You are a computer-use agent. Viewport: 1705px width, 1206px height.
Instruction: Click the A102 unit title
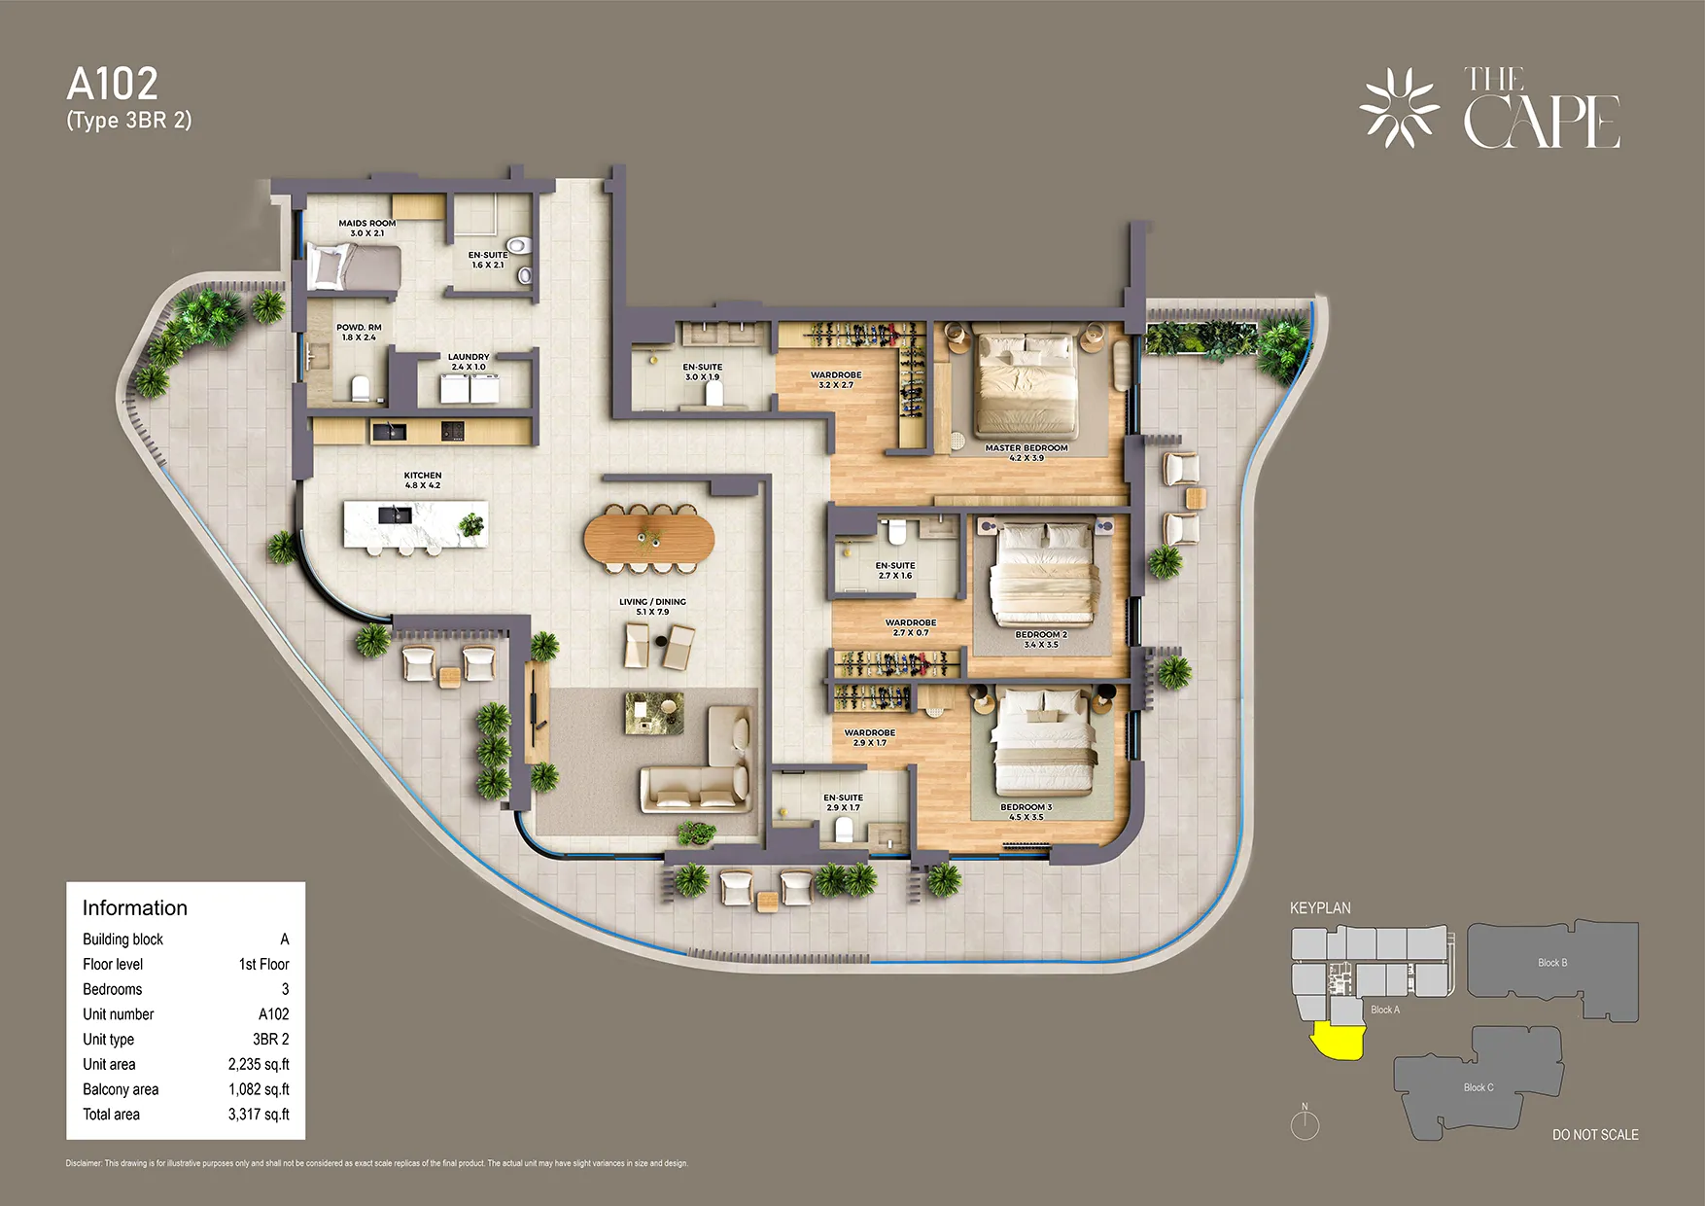tap(112, 85)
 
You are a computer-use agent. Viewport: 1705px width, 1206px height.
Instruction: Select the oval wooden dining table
tap(648, 538)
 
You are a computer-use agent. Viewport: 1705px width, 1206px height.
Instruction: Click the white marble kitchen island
tap(415, 524)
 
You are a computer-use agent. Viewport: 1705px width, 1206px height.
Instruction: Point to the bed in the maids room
tap(354, 266)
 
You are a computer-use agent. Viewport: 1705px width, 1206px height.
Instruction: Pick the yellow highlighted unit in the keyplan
tap(1338, 1042)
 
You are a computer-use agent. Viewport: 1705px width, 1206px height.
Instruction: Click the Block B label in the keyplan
tap(1551, 963)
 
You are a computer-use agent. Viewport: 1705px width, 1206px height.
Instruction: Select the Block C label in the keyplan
tap(1478, 1087)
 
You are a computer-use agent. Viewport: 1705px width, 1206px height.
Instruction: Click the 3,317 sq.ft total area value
tap(259, 1115)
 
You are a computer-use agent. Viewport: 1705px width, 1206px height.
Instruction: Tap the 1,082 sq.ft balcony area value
tap(259, 1089)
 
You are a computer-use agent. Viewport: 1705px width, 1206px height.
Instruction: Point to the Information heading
tap(135, 908)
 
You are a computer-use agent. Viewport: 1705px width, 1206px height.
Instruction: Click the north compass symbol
tap(1305, 1124)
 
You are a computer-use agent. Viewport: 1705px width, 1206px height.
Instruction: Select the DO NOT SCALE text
tap(1594, 1135)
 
